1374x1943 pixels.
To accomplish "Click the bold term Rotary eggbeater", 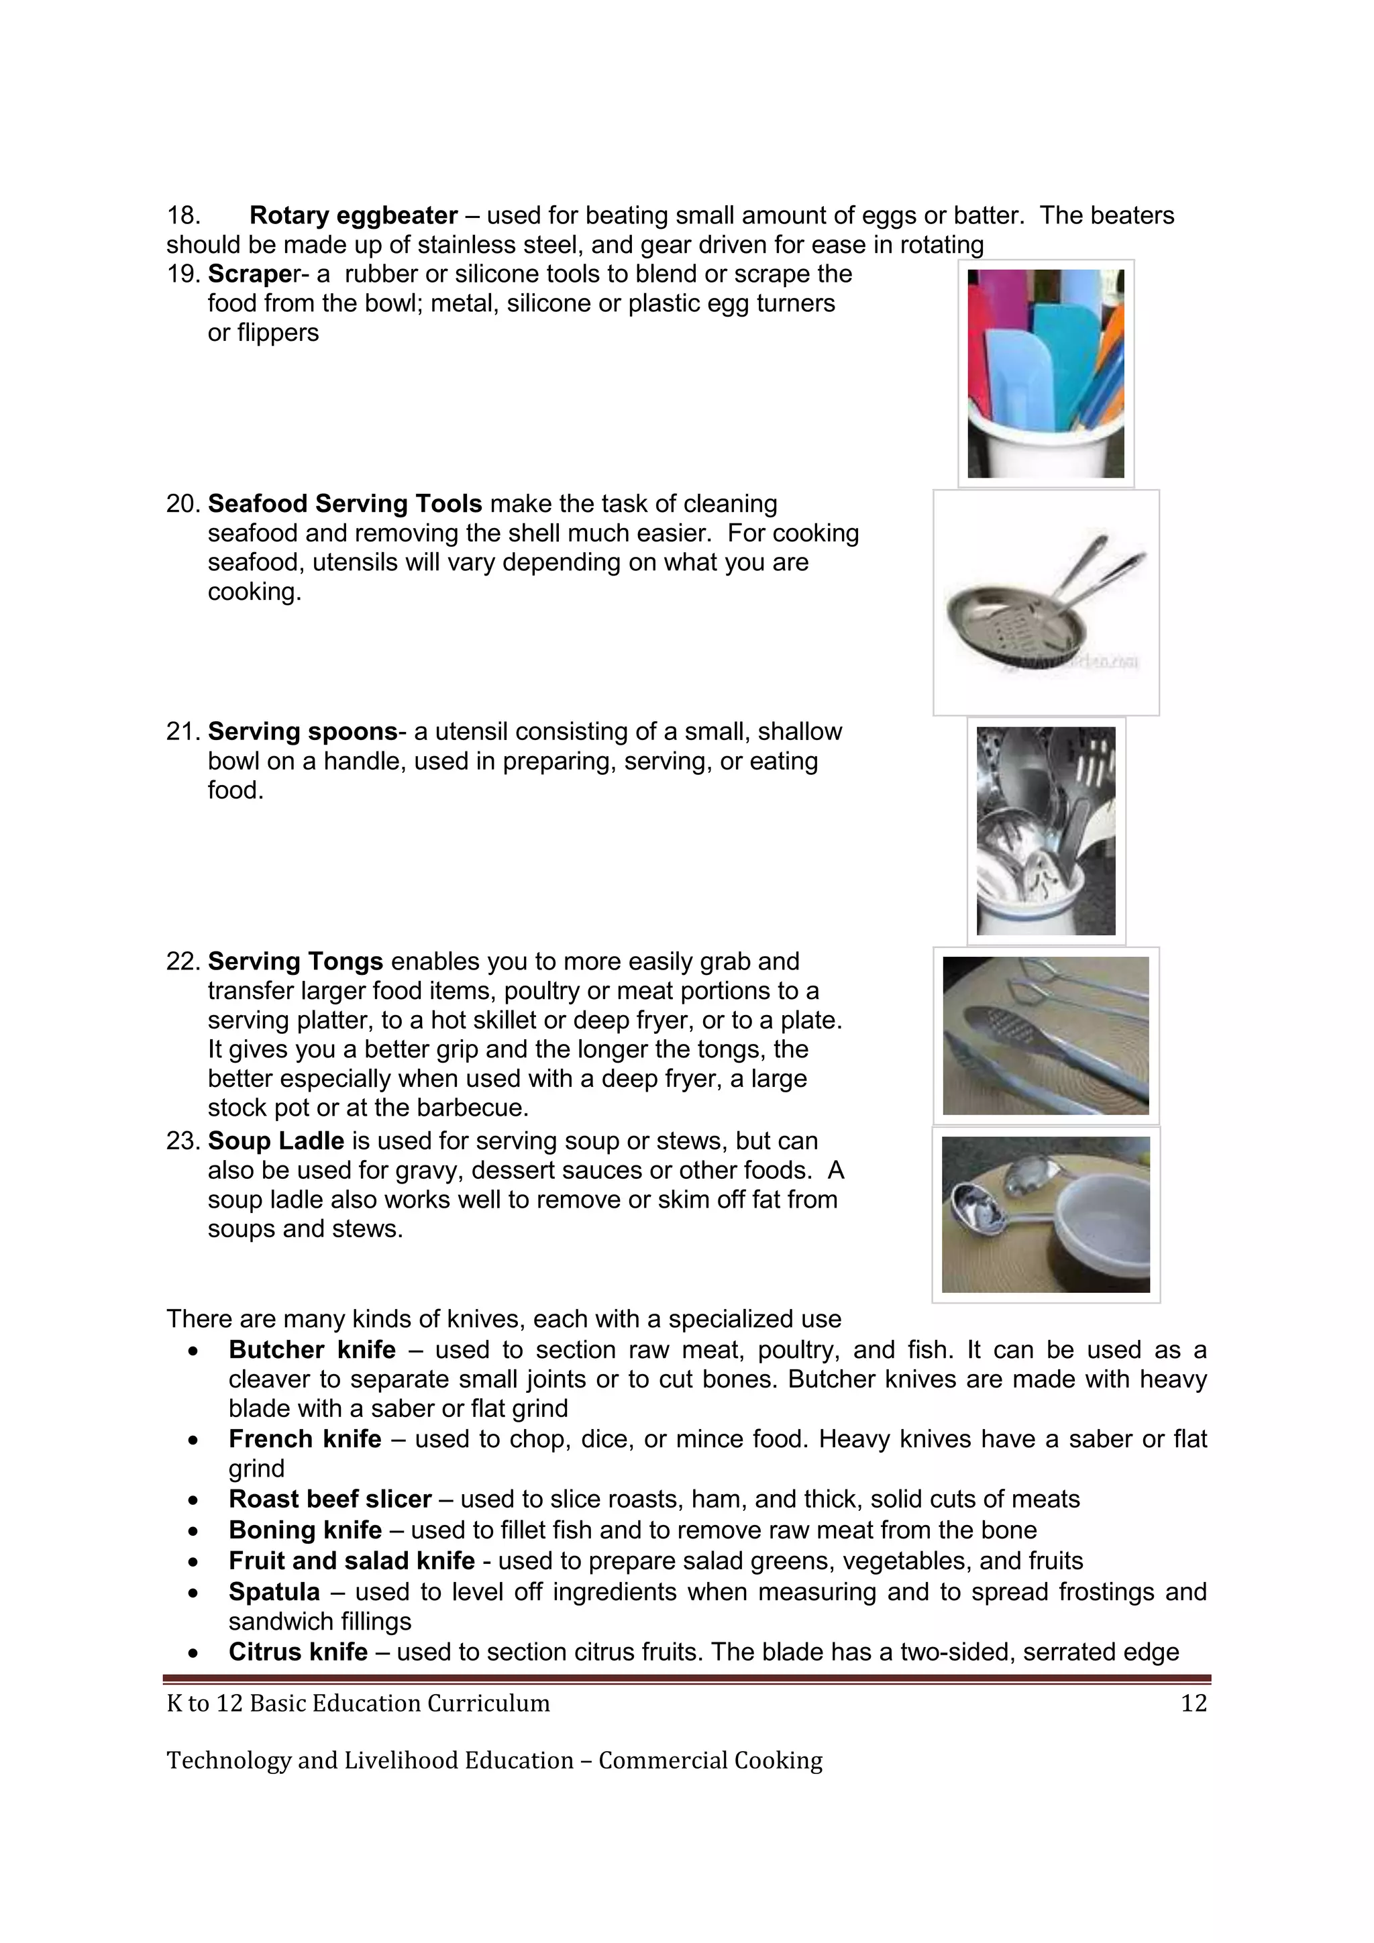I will point(353,216).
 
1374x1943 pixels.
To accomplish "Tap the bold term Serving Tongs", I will point(295,961).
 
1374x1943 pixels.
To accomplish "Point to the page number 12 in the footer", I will point(1193,1703).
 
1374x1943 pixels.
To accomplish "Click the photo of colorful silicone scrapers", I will point(1046,373).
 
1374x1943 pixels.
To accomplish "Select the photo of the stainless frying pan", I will point(1046,602).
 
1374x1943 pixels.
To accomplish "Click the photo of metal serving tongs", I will point(1046,1035).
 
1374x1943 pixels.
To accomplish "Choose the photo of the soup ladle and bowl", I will point(1046,1214).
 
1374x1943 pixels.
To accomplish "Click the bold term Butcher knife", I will point(311,1349).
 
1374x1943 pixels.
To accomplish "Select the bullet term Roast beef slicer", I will point(330,1499).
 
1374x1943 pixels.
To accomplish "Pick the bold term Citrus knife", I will point(298,1652).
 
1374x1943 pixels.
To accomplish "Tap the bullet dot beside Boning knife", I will point(195,1531).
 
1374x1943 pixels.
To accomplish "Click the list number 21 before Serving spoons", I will point(180,732).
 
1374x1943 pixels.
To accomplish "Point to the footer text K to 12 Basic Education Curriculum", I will point(358,1703).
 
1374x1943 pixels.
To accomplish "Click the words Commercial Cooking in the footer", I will point(710,1761).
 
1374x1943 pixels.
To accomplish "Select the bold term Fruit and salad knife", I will point(351,1561).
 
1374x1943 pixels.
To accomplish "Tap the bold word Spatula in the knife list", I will point(274,1592).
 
